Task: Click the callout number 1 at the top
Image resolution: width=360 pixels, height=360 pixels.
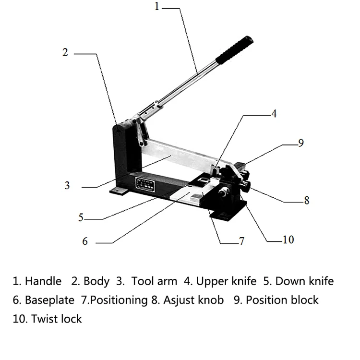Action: pyautogui.click(x=157, y=7)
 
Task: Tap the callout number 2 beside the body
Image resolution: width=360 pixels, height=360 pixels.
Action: pyautogui.click(x=66, y=52)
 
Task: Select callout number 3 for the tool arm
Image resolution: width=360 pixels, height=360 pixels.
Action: pyautogui.click(x=67, y=185)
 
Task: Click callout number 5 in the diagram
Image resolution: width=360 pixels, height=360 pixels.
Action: pyautogui.click(x=81, y=217)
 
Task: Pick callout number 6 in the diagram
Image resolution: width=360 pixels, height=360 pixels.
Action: pyautogui.click(x=85, y=241)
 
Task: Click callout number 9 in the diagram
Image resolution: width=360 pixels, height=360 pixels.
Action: pyautogui.click(x=301, y=143)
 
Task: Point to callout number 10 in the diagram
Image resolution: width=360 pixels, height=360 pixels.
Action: pyautogui.click(x=288, y=239)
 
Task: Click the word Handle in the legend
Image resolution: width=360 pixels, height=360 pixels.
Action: pyautogui.click(x=43, y=281)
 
